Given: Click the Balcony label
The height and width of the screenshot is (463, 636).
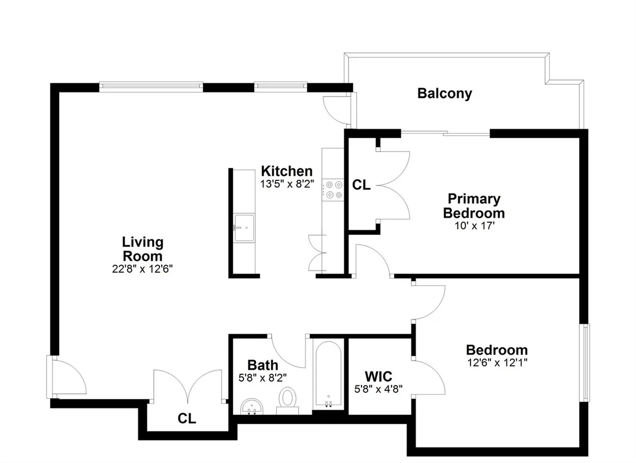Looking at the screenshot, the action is (444, 93).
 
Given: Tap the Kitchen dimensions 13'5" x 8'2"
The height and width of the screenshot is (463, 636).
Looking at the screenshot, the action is (287, 184).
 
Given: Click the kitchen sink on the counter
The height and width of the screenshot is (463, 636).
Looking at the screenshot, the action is (244, 228).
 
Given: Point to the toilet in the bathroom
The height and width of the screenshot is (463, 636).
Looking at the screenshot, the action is (288, 401).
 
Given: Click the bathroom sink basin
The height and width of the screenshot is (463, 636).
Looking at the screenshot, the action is (253, 407).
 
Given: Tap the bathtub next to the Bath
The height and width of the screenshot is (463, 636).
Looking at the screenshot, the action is (328, 375).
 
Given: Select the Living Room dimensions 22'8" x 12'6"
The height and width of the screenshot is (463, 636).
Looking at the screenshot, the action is (142, 269).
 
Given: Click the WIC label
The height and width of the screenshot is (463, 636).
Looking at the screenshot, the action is (378, 376).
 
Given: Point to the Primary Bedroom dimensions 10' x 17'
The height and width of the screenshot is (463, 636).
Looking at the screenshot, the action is (474, 226).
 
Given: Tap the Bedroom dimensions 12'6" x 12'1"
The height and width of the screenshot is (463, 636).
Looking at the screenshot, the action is (497, 362).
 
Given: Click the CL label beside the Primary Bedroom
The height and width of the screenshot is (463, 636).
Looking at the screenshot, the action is (361, 185).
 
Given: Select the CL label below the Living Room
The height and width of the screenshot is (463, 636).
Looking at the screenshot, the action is (187, 418).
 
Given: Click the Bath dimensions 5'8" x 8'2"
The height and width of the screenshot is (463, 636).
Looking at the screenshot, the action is (263, 378).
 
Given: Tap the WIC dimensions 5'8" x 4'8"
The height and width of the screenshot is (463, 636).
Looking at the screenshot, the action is (378, 389).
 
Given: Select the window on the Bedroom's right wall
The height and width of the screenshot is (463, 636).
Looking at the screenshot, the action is (585, 362).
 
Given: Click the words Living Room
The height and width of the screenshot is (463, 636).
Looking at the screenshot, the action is (142, 249).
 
